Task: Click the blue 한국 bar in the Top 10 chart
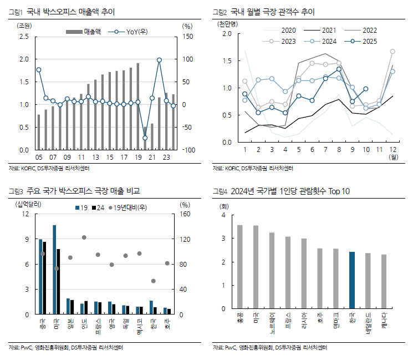pos(352,280)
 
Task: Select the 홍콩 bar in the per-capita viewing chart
pos(240,266)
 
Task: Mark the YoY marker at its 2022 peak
pos(159,60)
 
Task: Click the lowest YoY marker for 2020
pos(145,138)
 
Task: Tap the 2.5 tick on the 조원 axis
pos(24,37)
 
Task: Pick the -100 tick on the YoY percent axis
pos(188,150)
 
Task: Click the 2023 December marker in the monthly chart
pos(392,52)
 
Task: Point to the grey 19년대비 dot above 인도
pos(84,237)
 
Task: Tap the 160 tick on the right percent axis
pos(185,214)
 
